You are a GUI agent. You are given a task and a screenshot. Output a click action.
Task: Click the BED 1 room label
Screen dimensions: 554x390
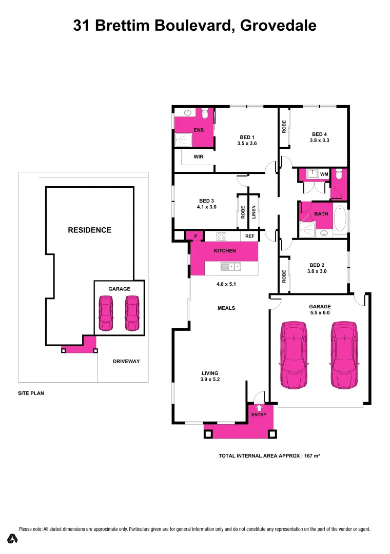pos(247,137)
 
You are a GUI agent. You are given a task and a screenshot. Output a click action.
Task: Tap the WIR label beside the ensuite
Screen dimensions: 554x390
pos(199,157)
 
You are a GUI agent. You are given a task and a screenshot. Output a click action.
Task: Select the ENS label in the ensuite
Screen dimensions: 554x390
pos(199,130)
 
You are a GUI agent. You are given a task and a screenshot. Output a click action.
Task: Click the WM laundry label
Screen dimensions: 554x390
pos(324,174)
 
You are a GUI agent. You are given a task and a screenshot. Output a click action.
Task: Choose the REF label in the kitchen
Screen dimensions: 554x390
pos(249,236)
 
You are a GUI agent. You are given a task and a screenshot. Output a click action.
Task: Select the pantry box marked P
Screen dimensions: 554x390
pos(195,236)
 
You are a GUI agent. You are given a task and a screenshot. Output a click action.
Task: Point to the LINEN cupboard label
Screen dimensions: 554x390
pos(254,212)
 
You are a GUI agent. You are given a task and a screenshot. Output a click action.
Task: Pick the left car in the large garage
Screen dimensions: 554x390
pos(293,354)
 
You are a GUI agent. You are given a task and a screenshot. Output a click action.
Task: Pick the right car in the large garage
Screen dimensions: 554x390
pos(344,354)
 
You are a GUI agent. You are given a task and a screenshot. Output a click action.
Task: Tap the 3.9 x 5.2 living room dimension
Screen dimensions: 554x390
pos(210,380)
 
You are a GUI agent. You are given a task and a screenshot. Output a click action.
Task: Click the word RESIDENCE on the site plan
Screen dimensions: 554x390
pos(89,230)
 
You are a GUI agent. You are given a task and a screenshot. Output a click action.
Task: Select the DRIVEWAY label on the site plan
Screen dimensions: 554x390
pos(126,361)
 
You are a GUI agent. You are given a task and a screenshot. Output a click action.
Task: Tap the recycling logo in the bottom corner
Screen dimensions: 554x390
pos(13,539)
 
